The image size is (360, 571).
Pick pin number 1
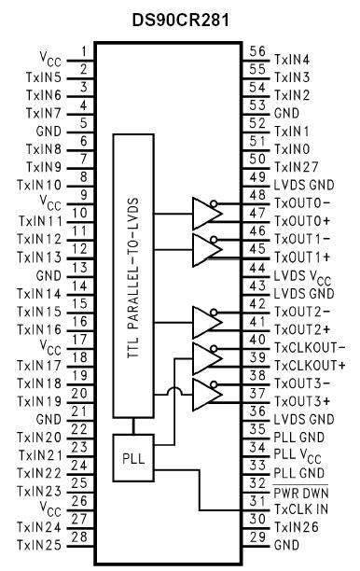point(84,51)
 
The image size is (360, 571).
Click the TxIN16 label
point(41,329)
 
